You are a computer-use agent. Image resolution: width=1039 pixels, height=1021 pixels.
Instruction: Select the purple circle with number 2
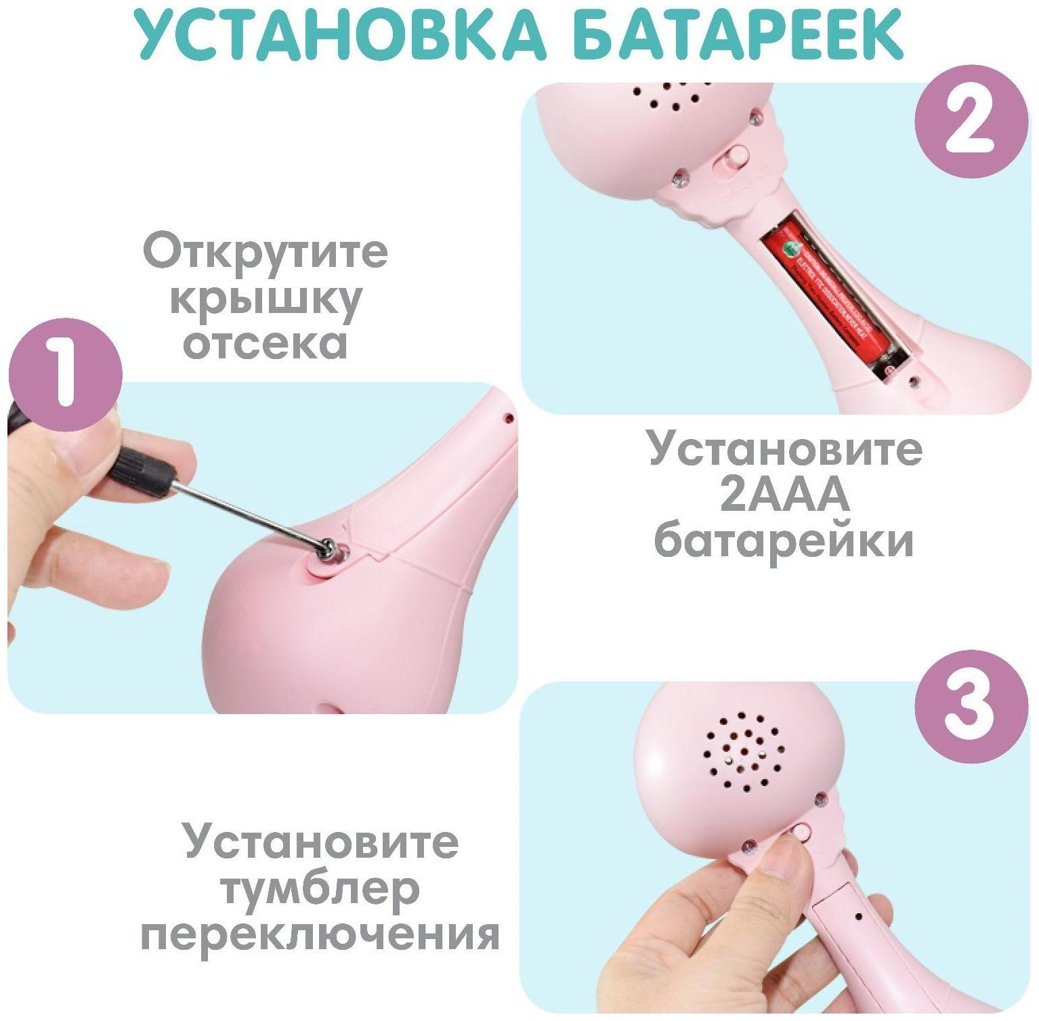971,122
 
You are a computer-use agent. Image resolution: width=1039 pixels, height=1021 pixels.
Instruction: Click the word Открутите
265,251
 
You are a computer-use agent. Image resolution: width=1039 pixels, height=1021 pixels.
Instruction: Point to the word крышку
265,299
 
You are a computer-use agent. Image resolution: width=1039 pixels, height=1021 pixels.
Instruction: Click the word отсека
265,343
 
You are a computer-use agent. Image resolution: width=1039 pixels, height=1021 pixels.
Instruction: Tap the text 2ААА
784,495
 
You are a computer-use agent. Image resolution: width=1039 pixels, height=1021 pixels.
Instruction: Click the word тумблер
320,889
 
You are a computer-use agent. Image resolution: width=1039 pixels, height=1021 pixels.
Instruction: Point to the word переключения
320,935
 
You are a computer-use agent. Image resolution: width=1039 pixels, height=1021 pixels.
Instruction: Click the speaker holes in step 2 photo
667,98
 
